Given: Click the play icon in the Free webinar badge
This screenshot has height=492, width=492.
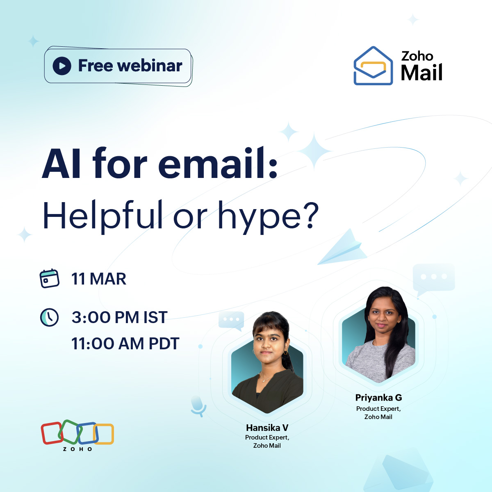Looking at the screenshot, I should tap(62, 66).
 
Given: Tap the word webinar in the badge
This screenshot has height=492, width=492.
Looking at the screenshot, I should tap(150, 66).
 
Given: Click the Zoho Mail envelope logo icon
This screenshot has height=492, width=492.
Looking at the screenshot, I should tap(373, 66).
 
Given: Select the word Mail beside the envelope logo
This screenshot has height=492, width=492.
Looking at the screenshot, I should tap(421, 73).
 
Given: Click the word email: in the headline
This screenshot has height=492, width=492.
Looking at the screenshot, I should tap(218, 164).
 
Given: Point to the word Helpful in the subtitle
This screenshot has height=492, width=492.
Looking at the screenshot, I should tap(103, 215).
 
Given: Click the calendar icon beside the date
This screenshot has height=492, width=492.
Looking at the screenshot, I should tap(50, 279).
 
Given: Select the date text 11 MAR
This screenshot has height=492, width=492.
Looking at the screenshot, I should tap(99, 279).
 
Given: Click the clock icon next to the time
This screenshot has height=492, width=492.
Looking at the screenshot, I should tap(49, 317).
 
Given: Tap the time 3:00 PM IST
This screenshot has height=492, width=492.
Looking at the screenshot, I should tap(119, 317).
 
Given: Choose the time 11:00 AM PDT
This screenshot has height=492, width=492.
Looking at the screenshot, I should tap(125, 344).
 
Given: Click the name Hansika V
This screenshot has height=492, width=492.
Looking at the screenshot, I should tap(267, 428).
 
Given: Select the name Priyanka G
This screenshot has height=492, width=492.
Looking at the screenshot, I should tap(378, 397).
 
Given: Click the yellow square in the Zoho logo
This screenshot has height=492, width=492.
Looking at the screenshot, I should tap(104, 434).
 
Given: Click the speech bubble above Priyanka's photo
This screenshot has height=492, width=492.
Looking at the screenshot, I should tap(434, 278).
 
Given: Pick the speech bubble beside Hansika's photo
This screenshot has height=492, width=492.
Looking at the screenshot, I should tap(232, 320).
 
